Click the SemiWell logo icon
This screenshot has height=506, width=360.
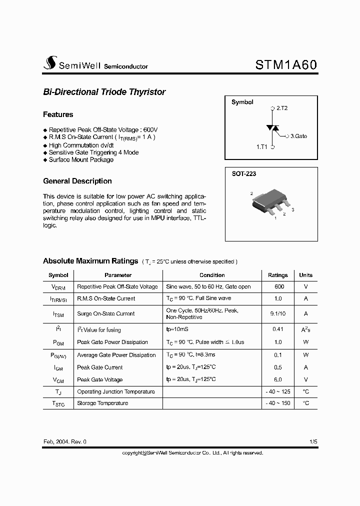click(x=49, y=63)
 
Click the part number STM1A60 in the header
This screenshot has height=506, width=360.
click(x=286, y=65)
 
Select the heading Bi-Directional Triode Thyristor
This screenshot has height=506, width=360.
click(x=104, y=92)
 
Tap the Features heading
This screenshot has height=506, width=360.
click(x=58, y=114)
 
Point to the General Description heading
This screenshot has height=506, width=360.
click(x=77, y=181)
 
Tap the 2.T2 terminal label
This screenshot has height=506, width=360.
click(x=281, y=108)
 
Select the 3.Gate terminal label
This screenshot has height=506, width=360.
click(x=298, y=135)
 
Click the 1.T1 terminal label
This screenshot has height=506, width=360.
click(x=262, y=147)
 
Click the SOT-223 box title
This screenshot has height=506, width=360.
click(x=243, y=174)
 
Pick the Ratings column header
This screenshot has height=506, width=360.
click(x=278, y=275)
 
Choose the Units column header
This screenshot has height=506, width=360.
click(x=305, y=275)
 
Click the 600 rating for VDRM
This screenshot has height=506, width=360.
click(x=279, y=286)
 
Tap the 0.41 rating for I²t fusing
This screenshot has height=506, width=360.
click(x=278, y=329)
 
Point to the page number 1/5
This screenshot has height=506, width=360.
click(x=313, y=442)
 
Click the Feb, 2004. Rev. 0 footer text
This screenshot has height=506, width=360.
click(x=64, y=442)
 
